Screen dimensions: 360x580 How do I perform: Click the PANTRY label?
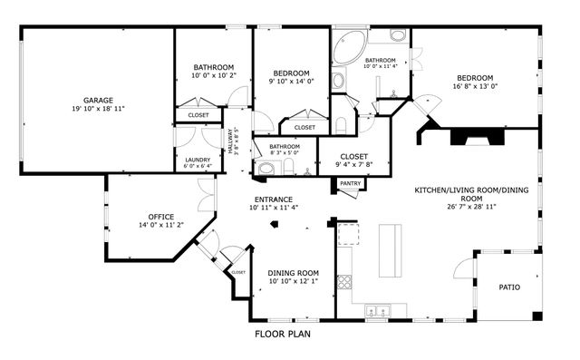(x=350, y=184)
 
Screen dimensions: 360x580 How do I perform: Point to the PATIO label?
(x=509, y=287)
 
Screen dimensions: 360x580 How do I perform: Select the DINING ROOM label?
(x=294, y=272)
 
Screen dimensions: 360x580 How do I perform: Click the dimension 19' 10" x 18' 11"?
(x=97, y=108)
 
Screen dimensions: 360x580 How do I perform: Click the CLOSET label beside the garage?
(x=198, y=116)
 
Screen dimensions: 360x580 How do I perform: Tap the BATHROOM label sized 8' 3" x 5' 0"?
(x=284, y=146)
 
